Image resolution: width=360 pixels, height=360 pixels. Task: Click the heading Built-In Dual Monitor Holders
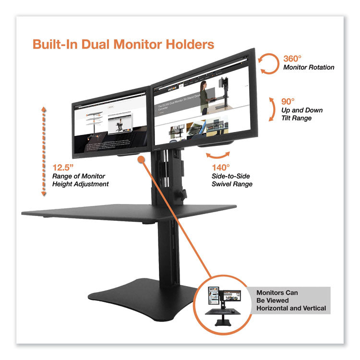pyautogui.click(x=123, y=45)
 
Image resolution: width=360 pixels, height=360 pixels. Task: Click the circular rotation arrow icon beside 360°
pyautogui.click(x=270, y=63)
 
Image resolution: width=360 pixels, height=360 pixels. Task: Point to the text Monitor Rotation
pyautogui.click(x=309, y=68)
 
